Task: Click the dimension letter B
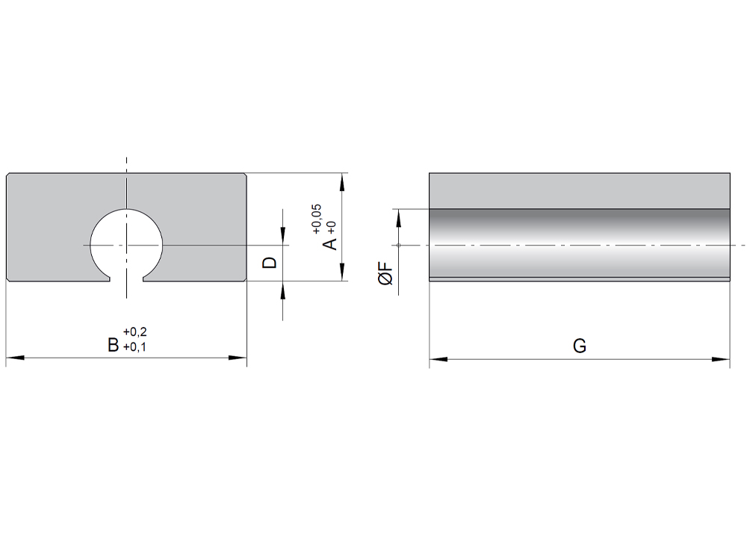[113, 345]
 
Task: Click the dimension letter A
[329, 244]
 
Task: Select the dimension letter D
[270, 263]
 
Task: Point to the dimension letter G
[580, 346]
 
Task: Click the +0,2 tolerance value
[134, 331]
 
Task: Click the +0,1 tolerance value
[134, 347]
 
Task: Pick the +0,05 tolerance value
[317, 219]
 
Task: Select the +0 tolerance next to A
[332, 228]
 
